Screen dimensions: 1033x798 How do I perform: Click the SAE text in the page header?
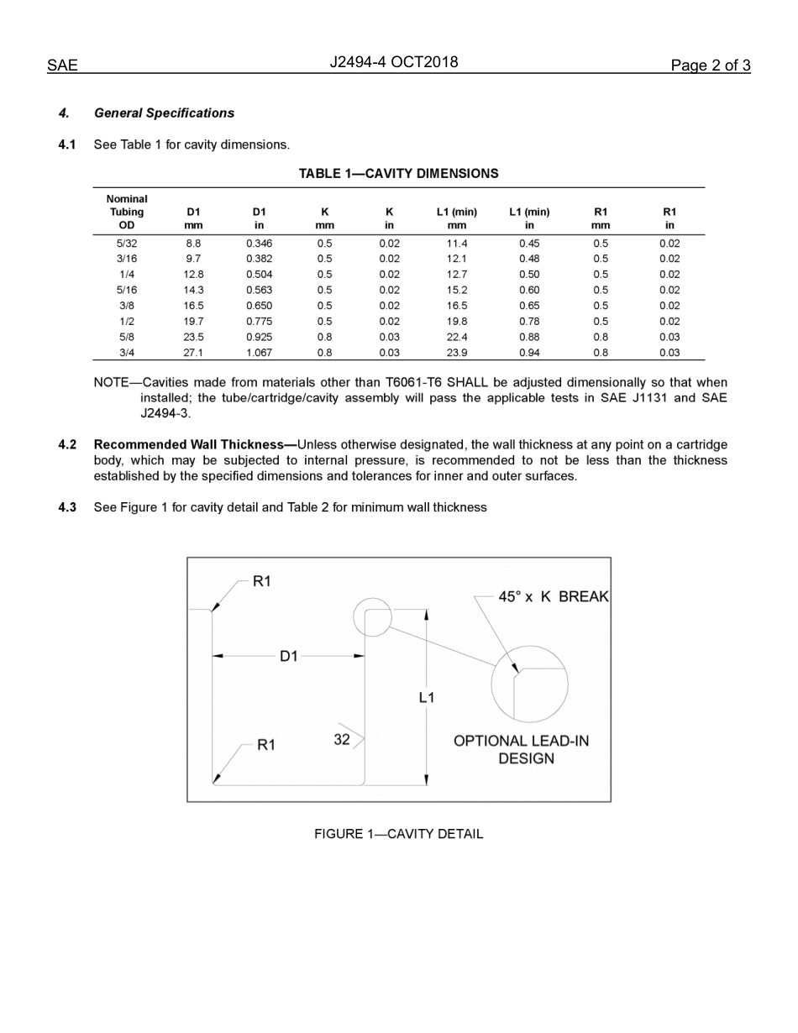[62, 66]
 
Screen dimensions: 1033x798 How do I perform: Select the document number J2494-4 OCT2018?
[394, 62]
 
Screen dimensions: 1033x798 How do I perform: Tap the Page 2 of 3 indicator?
[710, 66]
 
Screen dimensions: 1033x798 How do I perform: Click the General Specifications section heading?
[164, 113]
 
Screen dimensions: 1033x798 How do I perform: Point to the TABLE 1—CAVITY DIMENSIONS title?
[398, 174]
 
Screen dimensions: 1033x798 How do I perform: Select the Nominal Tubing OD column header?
[127, 212]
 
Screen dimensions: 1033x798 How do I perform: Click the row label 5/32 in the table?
[127, 244]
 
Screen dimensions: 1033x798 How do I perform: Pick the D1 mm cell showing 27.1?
[193, 353]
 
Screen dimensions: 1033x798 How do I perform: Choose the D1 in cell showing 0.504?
[259, 275]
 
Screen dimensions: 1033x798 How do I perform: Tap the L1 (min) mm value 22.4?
[457, 337]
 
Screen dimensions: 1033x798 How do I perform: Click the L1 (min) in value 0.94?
[529, 353]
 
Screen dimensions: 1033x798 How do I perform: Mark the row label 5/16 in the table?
[127, 290]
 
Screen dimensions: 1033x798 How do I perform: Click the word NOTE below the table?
[111, 383]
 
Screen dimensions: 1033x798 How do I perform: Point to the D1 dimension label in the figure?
[289, 657]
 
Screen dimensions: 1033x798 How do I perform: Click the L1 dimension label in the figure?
[427, 697]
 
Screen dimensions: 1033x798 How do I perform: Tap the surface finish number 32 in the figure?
[342, 740]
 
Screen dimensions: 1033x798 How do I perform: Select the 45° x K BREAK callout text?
[553, 596]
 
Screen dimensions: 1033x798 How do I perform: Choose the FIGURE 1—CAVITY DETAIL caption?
[398, 834]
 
